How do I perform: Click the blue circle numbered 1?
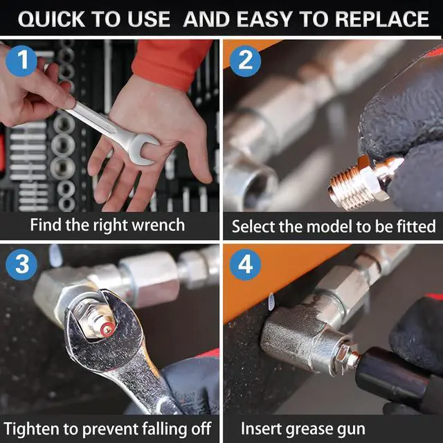click(21, 61)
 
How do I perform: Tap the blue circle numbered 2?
click(245, 61)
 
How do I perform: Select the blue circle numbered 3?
click(21, 264)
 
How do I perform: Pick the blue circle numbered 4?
click(245, 264)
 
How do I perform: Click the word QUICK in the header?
click(51, 19)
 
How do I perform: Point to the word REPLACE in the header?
click(382, 19)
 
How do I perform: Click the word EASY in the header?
click(264, 19)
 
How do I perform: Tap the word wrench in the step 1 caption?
click(159, 225)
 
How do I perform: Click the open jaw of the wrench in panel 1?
click(143, 149)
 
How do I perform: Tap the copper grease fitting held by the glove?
click(365, 181)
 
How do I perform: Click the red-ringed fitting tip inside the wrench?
click(108, 329)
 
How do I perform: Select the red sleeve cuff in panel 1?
click(172, 64)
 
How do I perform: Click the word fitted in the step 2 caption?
click(417, 226)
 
